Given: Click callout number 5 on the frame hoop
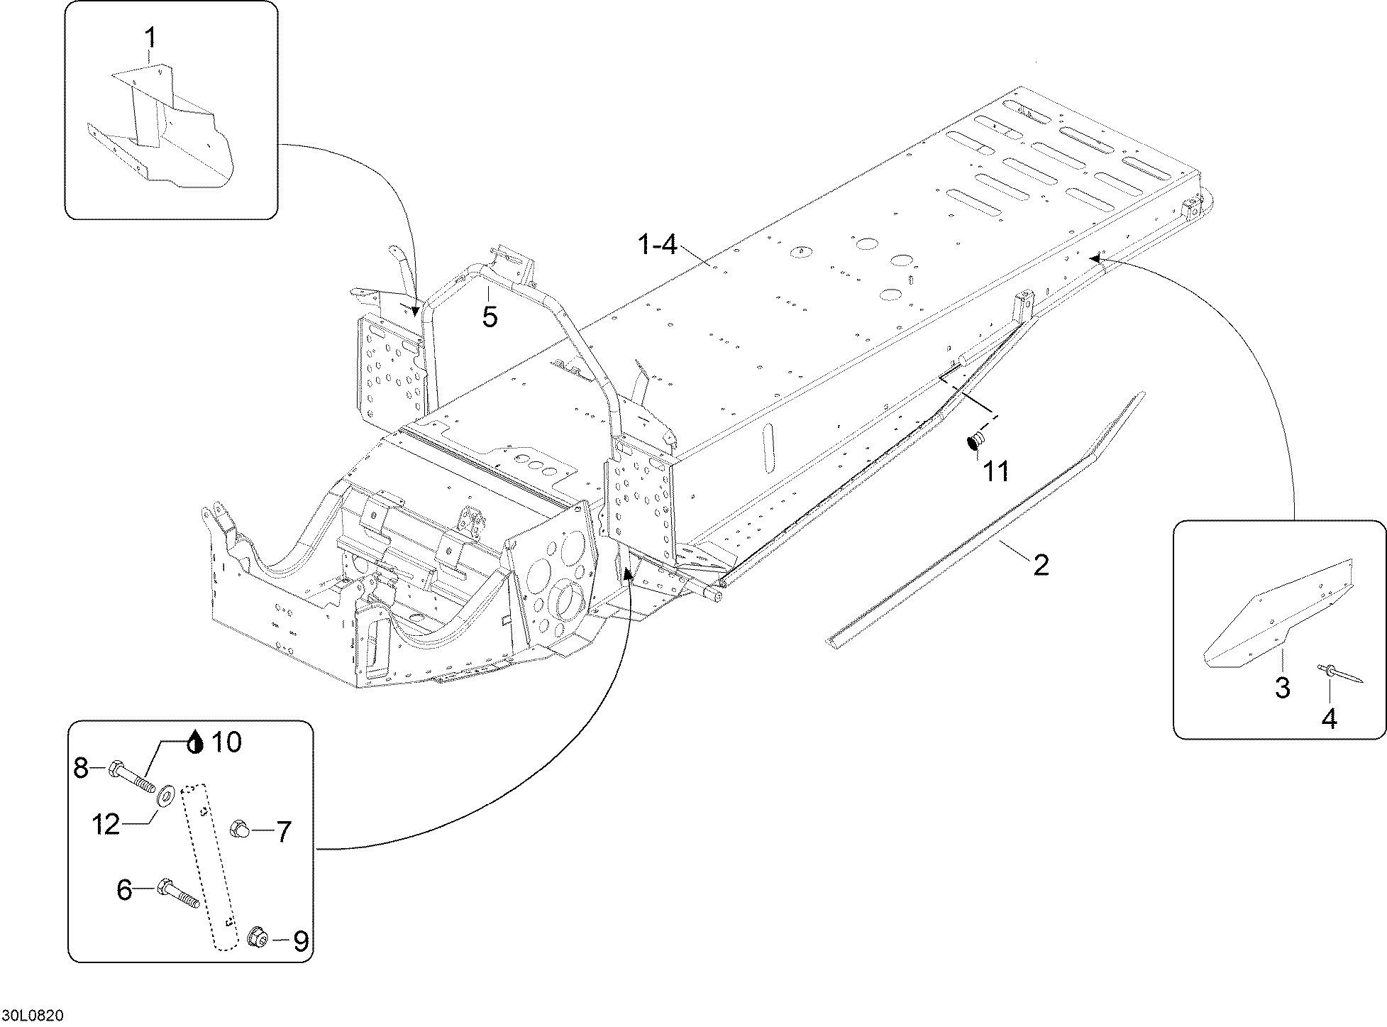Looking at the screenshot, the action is (x=490, y=317).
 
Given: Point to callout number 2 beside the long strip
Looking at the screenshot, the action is (x=1040, y=565).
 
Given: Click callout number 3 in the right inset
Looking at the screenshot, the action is (x=1282, y=688).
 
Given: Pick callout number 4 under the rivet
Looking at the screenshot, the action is (x=1329, y=719).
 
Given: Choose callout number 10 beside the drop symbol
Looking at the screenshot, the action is (x=226, y=742).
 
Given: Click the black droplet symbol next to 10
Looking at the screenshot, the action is (x=196, y=742).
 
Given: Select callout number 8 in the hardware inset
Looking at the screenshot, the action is (x=82, y=767).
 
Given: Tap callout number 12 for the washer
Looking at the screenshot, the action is (x=106, y=825).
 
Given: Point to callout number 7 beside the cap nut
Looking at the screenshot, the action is (x=283, y=832).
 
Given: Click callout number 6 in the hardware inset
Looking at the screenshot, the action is (x=125, y=890).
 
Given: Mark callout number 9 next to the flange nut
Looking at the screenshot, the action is (x=300, y=942).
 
